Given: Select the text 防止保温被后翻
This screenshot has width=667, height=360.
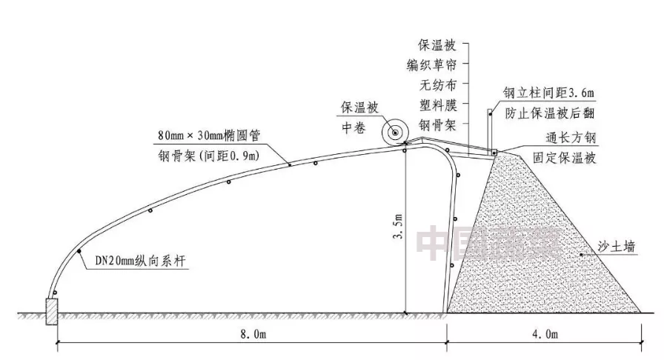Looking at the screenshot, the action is tap(550, 114).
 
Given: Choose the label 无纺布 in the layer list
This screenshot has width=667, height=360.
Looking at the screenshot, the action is tap(430, 83).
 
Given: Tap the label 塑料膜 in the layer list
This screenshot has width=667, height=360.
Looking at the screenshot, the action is tap(430, 103).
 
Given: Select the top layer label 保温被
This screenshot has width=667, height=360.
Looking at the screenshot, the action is tap(430, 43).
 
